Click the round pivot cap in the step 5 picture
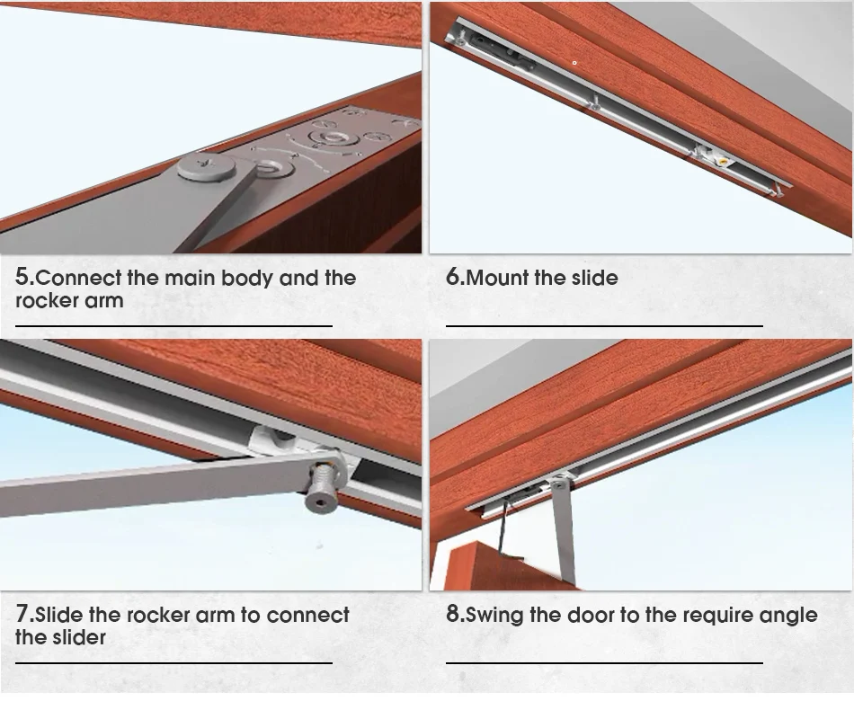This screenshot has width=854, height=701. [x=206, y=166]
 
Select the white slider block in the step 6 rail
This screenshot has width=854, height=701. [x=716, y=158]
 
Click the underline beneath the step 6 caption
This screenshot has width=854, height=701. [x=603, y=325]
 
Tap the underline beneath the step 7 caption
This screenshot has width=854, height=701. [x=173, y=663]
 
